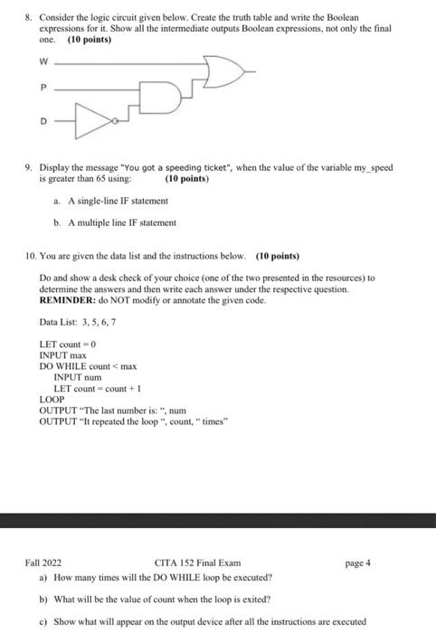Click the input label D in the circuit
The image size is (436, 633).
pyautogui.click(x=42, y=118)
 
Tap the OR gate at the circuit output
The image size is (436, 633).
pyautogui.click(x=222, y=70)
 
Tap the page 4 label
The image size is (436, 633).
pyautogui.click(x=358, y=562)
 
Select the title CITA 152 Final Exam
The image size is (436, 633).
pyautogui.click(x=197, y=562)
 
